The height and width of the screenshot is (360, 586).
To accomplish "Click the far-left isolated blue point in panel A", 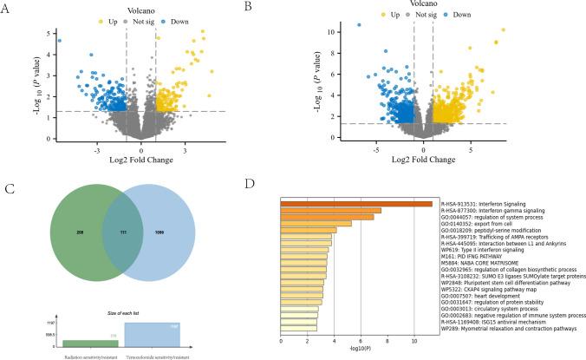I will click(59, 40).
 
